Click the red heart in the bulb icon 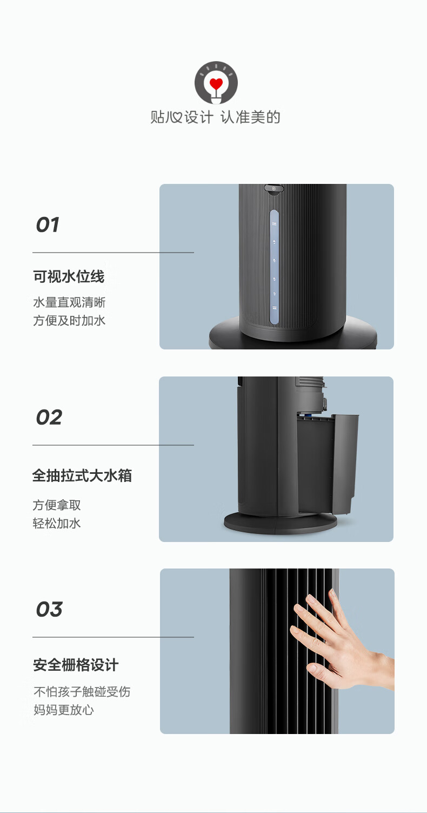[216, 84]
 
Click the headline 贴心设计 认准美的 [216, 117]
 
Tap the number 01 [48, 225]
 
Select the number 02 [49, 418]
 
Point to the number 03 [49, 610]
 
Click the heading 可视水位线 [69, 276]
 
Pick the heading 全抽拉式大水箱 [82, 475]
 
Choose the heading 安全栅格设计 [76, 665]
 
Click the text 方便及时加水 [69, 320]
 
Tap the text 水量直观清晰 [69, 302]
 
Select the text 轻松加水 [57, 524]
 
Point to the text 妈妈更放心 [63, 710]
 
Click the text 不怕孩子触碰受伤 [82, 692]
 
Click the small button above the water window [274, 188]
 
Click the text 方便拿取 [57, 505]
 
